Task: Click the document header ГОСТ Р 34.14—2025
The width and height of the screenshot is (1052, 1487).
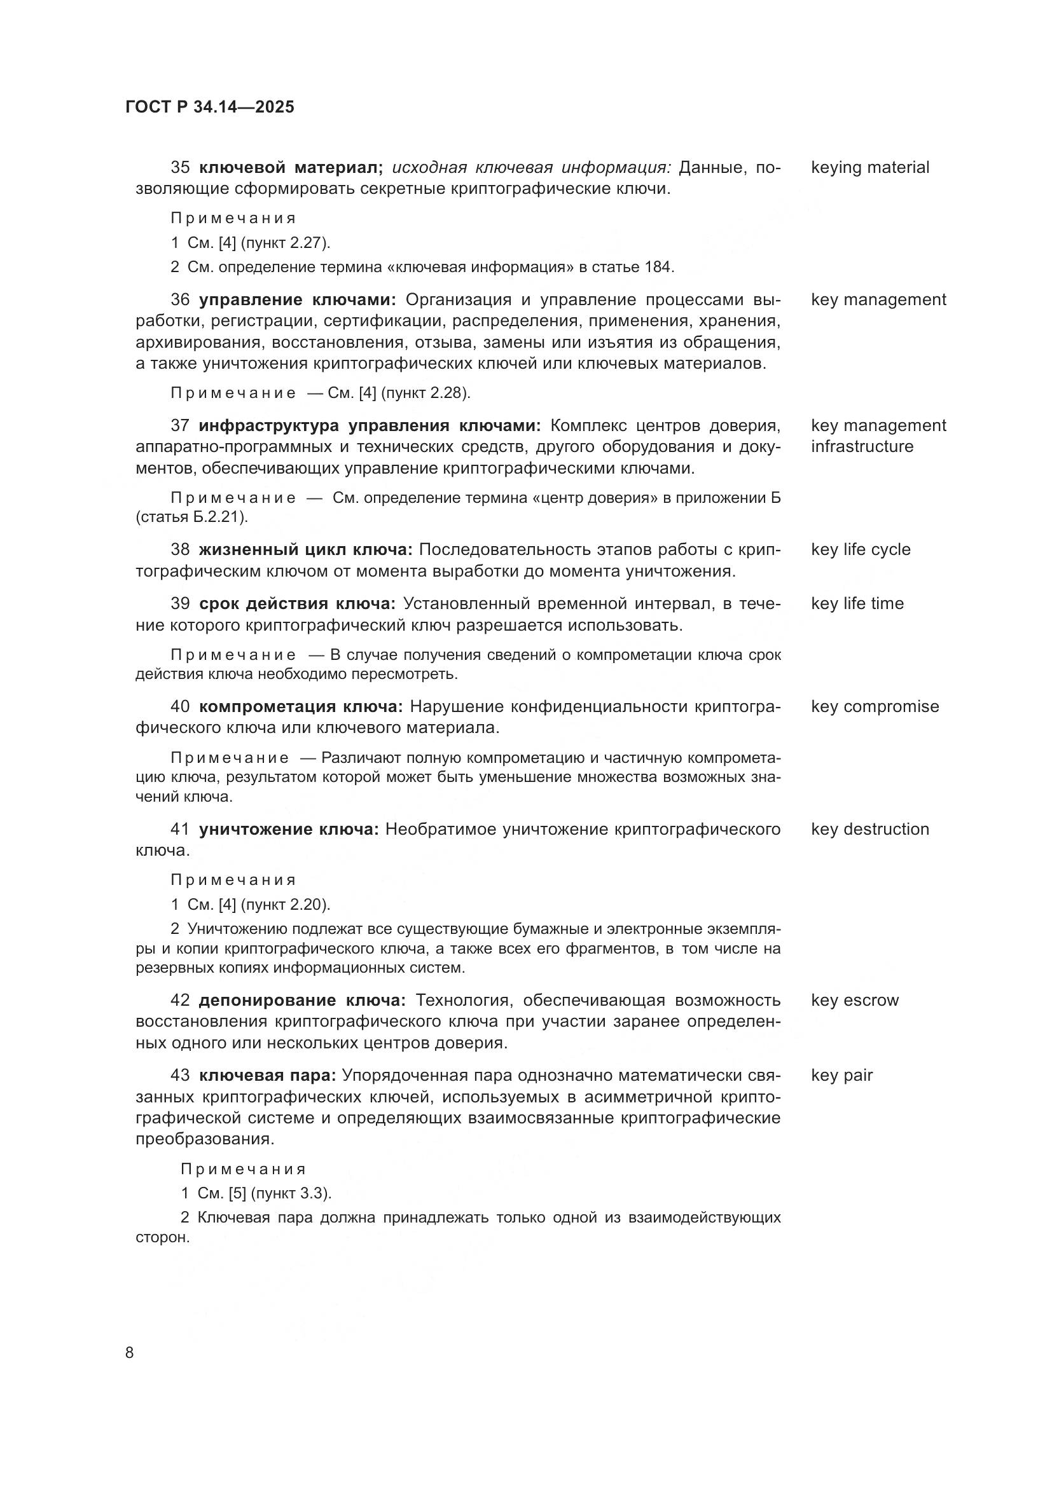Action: point(209,107)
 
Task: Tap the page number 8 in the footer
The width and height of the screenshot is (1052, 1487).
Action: point(130,1353)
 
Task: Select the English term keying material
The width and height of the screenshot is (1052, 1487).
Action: point(869,168)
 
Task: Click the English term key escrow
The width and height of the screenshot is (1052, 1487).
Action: point(854,1001)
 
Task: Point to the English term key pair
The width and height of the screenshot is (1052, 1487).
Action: point(841,1076)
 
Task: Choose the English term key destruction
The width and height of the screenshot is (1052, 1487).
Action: point(869,830)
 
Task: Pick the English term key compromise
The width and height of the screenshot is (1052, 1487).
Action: point(875,706)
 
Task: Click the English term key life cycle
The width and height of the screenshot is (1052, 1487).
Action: point(861,550)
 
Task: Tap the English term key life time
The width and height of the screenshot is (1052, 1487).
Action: point(856,603)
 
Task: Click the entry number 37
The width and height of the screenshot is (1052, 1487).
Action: point(180,425)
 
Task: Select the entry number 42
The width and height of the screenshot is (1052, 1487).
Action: point(180,1001)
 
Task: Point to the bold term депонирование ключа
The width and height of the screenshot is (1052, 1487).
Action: point(302,1001)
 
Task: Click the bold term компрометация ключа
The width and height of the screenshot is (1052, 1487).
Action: point(301,706)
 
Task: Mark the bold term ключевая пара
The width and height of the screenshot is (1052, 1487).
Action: point(267,1076)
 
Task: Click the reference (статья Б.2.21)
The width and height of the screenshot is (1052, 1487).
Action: point(191,517)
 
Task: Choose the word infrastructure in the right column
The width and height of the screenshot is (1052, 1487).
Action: point(862,446)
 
